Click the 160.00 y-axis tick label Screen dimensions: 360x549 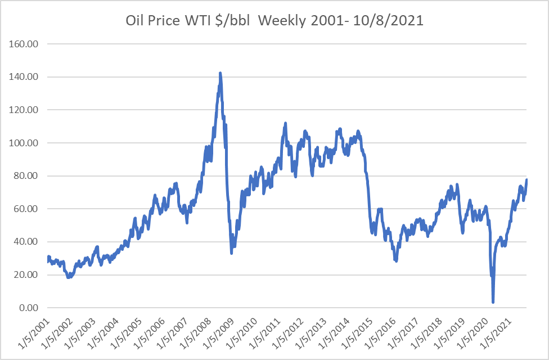[x=22, y=44]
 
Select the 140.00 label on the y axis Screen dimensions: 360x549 [x=22, y=77]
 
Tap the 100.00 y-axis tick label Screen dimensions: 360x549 [x=22, y=143]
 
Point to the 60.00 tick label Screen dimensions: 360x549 [x=25, y=209]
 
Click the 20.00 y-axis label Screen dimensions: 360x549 [x=25, y=275]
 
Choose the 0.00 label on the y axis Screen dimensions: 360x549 [x=27, y=308]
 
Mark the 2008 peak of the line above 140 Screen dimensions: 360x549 [x=220, y=73]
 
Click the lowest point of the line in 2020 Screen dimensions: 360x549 [x=493, y=302]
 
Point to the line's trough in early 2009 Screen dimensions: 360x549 [x=231, y=253]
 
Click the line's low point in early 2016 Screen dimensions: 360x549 [x=396, y=260]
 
